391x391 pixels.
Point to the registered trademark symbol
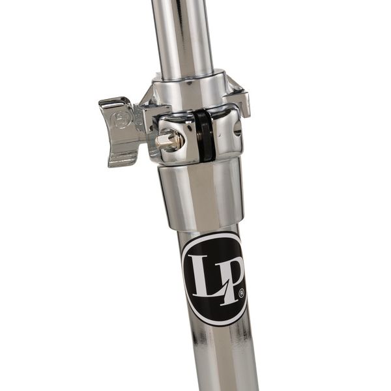coord(241,295)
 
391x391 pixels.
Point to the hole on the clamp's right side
coord(237,128)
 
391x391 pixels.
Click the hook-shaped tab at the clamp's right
coord(239,100)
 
